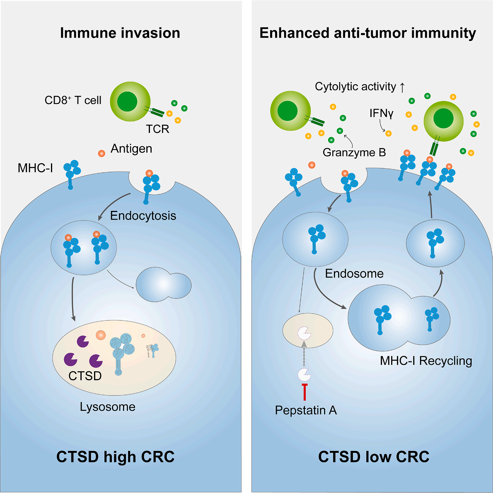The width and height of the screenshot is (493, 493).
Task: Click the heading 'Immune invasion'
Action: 120,33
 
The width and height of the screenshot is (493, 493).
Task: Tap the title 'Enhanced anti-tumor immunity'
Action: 367,33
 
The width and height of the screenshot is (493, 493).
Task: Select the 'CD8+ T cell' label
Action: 73,100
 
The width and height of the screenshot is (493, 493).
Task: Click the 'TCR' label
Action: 157,129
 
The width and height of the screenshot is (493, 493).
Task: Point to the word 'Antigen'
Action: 131,148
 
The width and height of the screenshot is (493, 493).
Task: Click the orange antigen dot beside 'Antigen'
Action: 101,153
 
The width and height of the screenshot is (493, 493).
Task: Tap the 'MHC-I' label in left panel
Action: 35,168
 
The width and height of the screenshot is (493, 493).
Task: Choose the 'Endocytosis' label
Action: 143,215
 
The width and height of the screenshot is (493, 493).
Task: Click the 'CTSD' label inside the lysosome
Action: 85,376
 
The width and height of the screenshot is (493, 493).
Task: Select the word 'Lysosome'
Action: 108,407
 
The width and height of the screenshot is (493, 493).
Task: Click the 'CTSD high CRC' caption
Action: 116,457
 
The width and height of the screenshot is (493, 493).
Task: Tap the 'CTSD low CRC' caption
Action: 374,457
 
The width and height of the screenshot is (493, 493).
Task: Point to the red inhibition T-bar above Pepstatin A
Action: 304,391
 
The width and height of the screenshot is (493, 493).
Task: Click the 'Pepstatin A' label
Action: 306,410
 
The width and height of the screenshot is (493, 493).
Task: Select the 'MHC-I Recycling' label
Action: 426,360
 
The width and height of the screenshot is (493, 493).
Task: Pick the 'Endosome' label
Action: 354,273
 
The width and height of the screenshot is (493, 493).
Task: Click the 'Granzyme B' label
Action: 354,152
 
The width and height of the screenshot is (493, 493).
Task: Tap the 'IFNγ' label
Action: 382,113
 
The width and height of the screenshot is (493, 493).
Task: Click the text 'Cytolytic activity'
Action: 355,86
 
